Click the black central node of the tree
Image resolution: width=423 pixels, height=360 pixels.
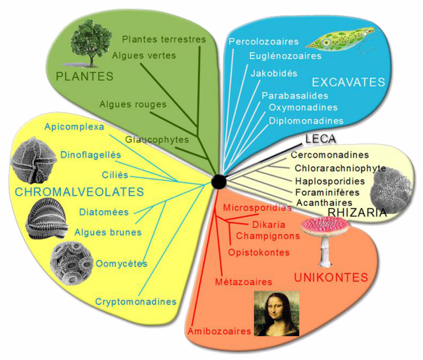coord(219,182)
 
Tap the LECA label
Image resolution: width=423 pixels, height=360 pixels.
coord(321,139)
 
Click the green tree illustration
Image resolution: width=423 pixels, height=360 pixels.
coord(90,43)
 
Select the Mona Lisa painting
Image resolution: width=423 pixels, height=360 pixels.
coord(277,313)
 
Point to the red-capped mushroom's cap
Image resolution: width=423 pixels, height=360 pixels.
coord(325,225)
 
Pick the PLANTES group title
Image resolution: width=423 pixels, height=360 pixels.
coord(85,77)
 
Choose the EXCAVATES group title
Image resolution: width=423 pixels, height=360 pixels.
coord(348,82)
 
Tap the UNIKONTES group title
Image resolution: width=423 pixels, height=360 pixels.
coord(331,277)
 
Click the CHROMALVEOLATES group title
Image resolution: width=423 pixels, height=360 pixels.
coord(79,192)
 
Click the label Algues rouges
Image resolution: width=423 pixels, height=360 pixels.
coord(133,105)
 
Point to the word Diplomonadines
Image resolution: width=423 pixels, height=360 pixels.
coord(306,121)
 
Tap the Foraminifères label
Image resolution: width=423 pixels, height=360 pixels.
coord(327,193)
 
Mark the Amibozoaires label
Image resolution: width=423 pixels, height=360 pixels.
coord(219,331)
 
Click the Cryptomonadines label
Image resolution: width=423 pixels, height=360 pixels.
coord(136,302)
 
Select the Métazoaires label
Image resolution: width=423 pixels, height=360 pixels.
coord(244,282)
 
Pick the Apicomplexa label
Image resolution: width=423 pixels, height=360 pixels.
coord(74,127)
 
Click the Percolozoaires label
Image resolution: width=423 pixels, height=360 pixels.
coord(264,41)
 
